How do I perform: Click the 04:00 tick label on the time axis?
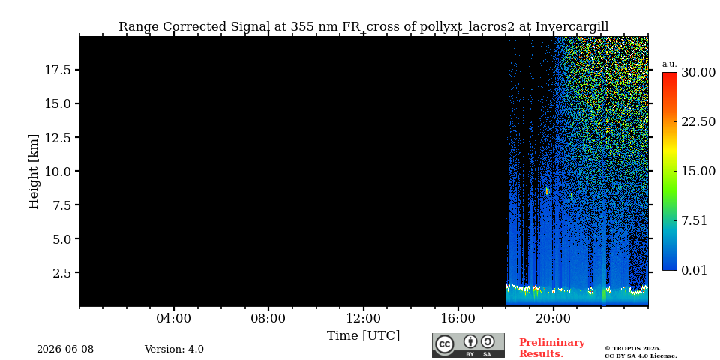point(173,318)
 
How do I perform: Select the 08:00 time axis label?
point(268,318)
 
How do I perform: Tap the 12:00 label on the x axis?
point(364,318)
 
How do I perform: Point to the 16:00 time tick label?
point(457,318)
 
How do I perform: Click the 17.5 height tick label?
point(57,70)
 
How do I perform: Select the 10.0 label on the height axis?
point(57,171)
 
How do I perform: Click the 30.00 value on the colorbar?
point(698,73)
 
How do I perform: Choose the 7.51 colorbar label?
point(694,220)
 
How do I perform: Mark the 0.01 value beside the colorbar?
point(694,270)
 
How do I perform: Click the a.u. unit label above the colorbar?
point(670,64)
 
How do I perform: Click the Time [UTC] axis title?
point(363,336)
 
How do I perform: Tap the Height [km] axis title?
point(34,172)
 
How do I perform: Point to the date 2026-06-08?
point(65,349)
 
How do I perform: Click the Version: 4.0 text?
point(174,349)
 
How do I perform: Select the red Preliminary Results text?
point(552,348)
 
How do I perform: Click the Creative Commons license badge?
point(468,345)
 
